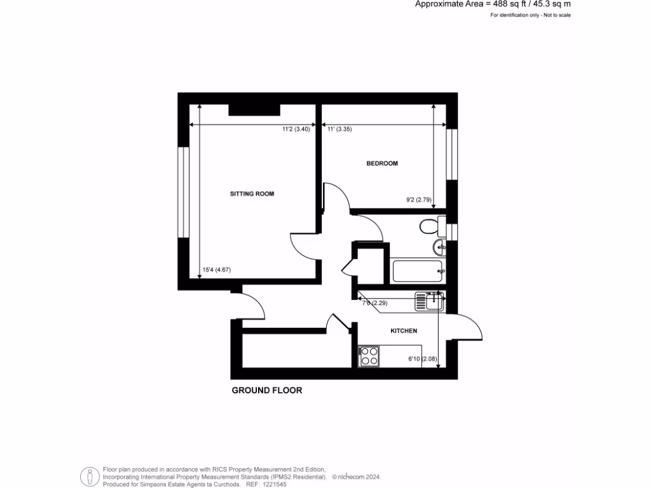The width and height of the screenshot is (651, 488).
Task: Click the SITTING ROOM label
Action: pyautogui.click(x=252, y=194)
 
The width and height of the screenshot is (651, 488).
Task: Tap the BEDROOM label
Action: pyautogui.click(x=382, y=163)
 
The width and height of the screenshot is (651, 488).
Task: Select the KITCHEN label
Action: pyautogui.click(x=404, y=331)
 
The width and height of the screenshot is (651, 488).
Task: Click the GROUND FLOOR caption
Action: pyautogui.click(x=266, y=391)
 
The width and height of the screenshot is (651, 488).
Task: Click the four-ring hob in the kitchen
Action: pyautogui.click(x=369, y=356)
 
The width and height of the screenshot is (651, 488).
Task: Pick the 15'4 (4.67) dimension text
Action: pyautogui.click(x=216, y=270)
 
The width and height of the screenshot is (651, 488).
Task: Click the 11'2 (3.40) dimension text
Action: pyautogui.click(x=296, y=129)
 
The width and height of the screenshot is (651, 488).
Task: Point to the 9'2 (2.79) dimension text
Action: pyautogui.click(x=419, y=200)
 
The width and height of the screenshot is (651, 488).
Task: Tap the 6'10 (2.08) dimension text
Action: pyautogui.click(x=423, y=360)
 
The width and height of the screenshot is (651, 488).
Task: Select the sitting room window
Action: pyautogui.click(x=183, y=193)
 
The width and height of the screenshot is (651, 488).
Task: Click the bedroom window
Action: pyautogui.click(x=452, y=154)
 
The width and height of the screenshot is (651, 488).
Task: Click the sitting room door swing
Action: pyautogui.click(x=304, y=244)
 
